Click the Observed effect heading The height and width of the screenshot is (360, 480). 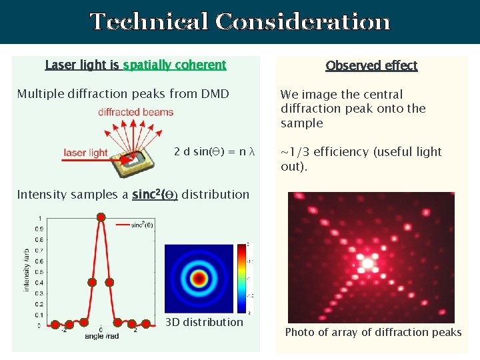(x=371, y=65)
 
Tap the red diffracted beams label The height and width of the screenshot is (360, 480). (x=136, y=112)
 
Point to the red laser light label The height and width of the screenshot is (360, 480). (x=85, y=153)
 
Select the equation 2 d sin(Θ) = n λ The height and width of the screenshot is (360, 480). (x=214, y=151)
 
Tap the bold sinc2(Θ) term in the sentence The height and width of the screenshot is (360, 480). (x=155, y=195)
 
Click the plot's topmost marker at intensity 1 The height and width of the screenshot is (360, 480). (x=101, y=217)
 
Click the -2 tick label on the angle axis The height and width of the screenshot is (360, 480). (x=63, y=329)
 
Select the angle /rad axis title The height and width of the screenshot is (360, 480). (x=102, y=337)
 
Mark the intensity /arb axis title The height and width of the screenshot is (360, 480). (x=27, y=270)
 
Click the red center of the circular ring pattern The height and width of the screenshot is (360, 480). (x=197, y=278)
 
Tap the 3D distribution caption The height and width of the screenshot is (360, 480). (x=204, y=323)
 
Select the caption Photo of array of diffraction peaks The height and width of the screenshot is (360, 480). (x=373, y=333)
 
